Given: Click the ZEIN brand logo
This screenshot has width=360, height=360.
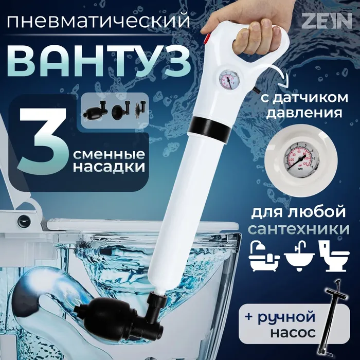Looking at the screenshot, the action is [327, 21].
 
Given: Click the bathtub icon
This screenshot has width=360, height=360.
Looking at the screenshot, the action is [264, 256].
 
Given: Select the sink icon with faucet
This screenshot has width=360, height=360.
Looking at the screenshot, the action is [299, 256].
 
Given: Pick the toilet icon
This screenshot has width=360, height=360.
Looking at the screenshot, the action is [334, 256].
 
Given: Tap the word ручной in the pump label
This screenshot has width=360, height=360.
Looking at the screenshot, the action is [286, 317].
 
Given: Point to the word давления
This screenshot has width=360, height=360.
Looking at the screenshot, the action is [304, 113].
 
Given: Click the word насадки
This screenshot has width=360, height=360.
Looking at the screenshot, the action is [109, 167].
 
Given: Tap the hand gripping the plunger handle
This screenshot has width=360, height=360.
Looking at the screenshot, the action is [248, 25].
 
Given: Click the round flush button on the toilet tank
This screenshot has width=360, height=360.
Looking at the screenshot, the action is [24, 221].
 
